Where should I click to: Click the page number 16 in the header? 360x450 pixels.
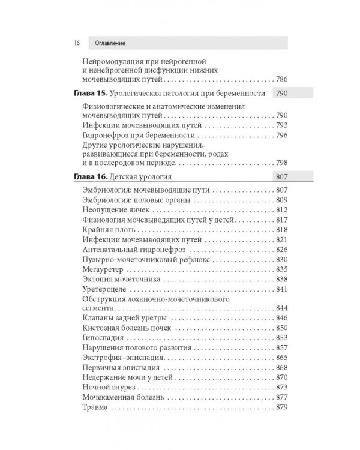click(x=77, y=43)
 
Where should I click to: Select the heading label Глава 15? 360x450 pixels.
click(x=92, y=94)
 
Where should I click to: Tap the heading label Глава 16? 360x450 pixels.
click(x=92, y=177)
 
